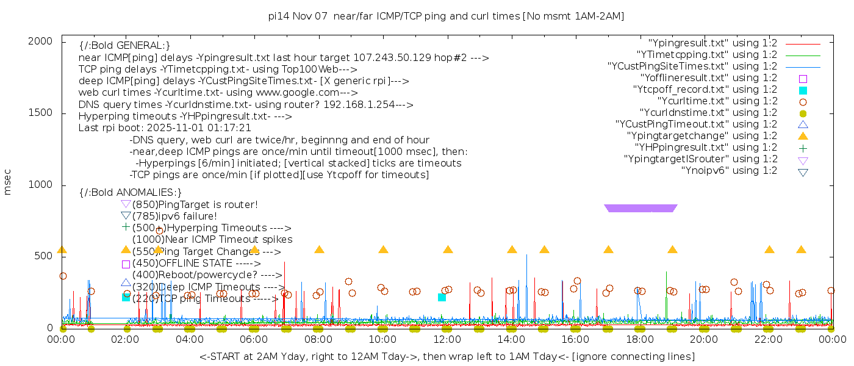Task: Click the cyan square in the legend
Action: click(x=803, y=90)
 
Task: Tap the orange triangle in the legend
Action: click(x=803, y=136)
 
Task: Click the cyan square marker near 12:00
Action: click(x=442, y=297)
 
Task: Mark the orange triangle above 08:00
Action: click(x=319, y=249)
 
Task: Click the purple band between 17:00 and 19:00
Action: click(x=640, y=208)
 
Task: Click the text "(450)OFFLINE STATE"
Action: click(x=182, y=264)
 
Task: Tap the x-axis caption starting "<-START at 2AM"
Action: click(x=447, y=356)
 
